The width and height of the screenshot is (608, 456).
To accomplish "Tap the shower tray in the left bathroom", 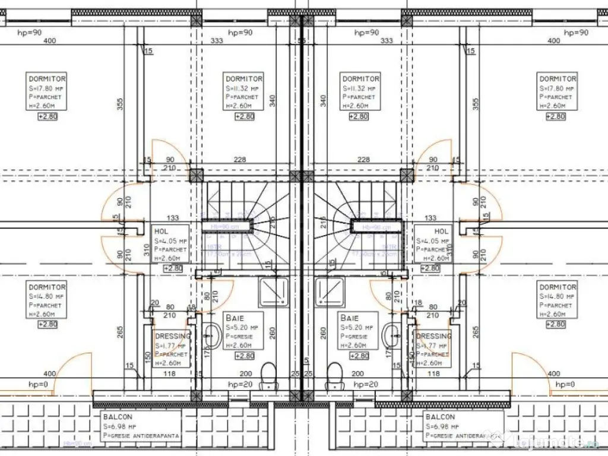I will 274,291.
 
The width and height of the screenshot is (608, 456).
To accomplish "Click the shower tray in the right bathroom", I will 331,291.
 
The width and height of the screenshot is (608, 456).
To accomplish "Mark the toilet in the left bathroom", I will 268,374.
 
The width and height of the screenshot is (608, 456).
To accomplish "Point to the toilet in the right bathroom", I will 335,374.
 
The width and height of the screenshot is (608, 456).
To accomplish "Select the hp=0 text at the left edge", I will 38,384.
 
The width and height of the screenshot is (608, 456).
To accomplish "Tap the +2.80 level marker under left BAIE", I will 244,356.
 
